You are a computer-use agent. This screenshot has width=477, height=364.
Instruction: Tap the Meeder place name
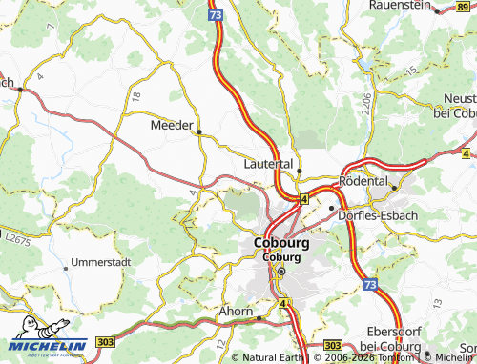(172, 125)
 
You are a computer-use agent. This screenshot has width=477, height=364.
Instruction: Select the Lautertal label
(268, 164)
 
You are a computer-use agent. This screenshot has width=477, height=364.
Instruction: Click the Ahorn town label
(235, 311)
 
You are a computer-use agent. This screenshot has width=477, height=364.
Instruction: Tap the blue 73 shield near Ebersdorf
(369, 285)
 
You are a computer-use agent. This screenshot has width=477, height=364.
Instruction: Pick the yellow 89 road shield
(465, 10)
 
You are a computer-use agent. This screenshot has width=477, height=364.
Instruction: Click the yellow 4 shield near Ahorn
(282, 304)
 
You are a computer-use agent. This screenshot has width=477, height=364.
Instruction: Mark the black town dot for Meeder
(198, 131)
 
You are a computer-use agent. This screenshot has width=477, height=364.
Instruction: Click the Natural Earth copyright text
(273, 357)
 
